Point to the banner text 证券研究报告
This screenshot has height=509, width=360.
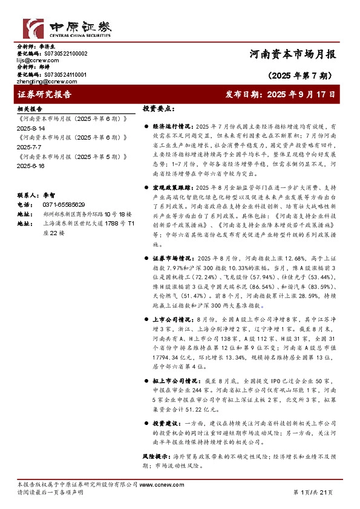[45, 95]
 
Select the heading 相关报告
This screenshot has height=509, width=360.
[29, 109]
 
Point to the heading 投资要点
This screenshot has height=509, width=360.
[159, 109]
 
